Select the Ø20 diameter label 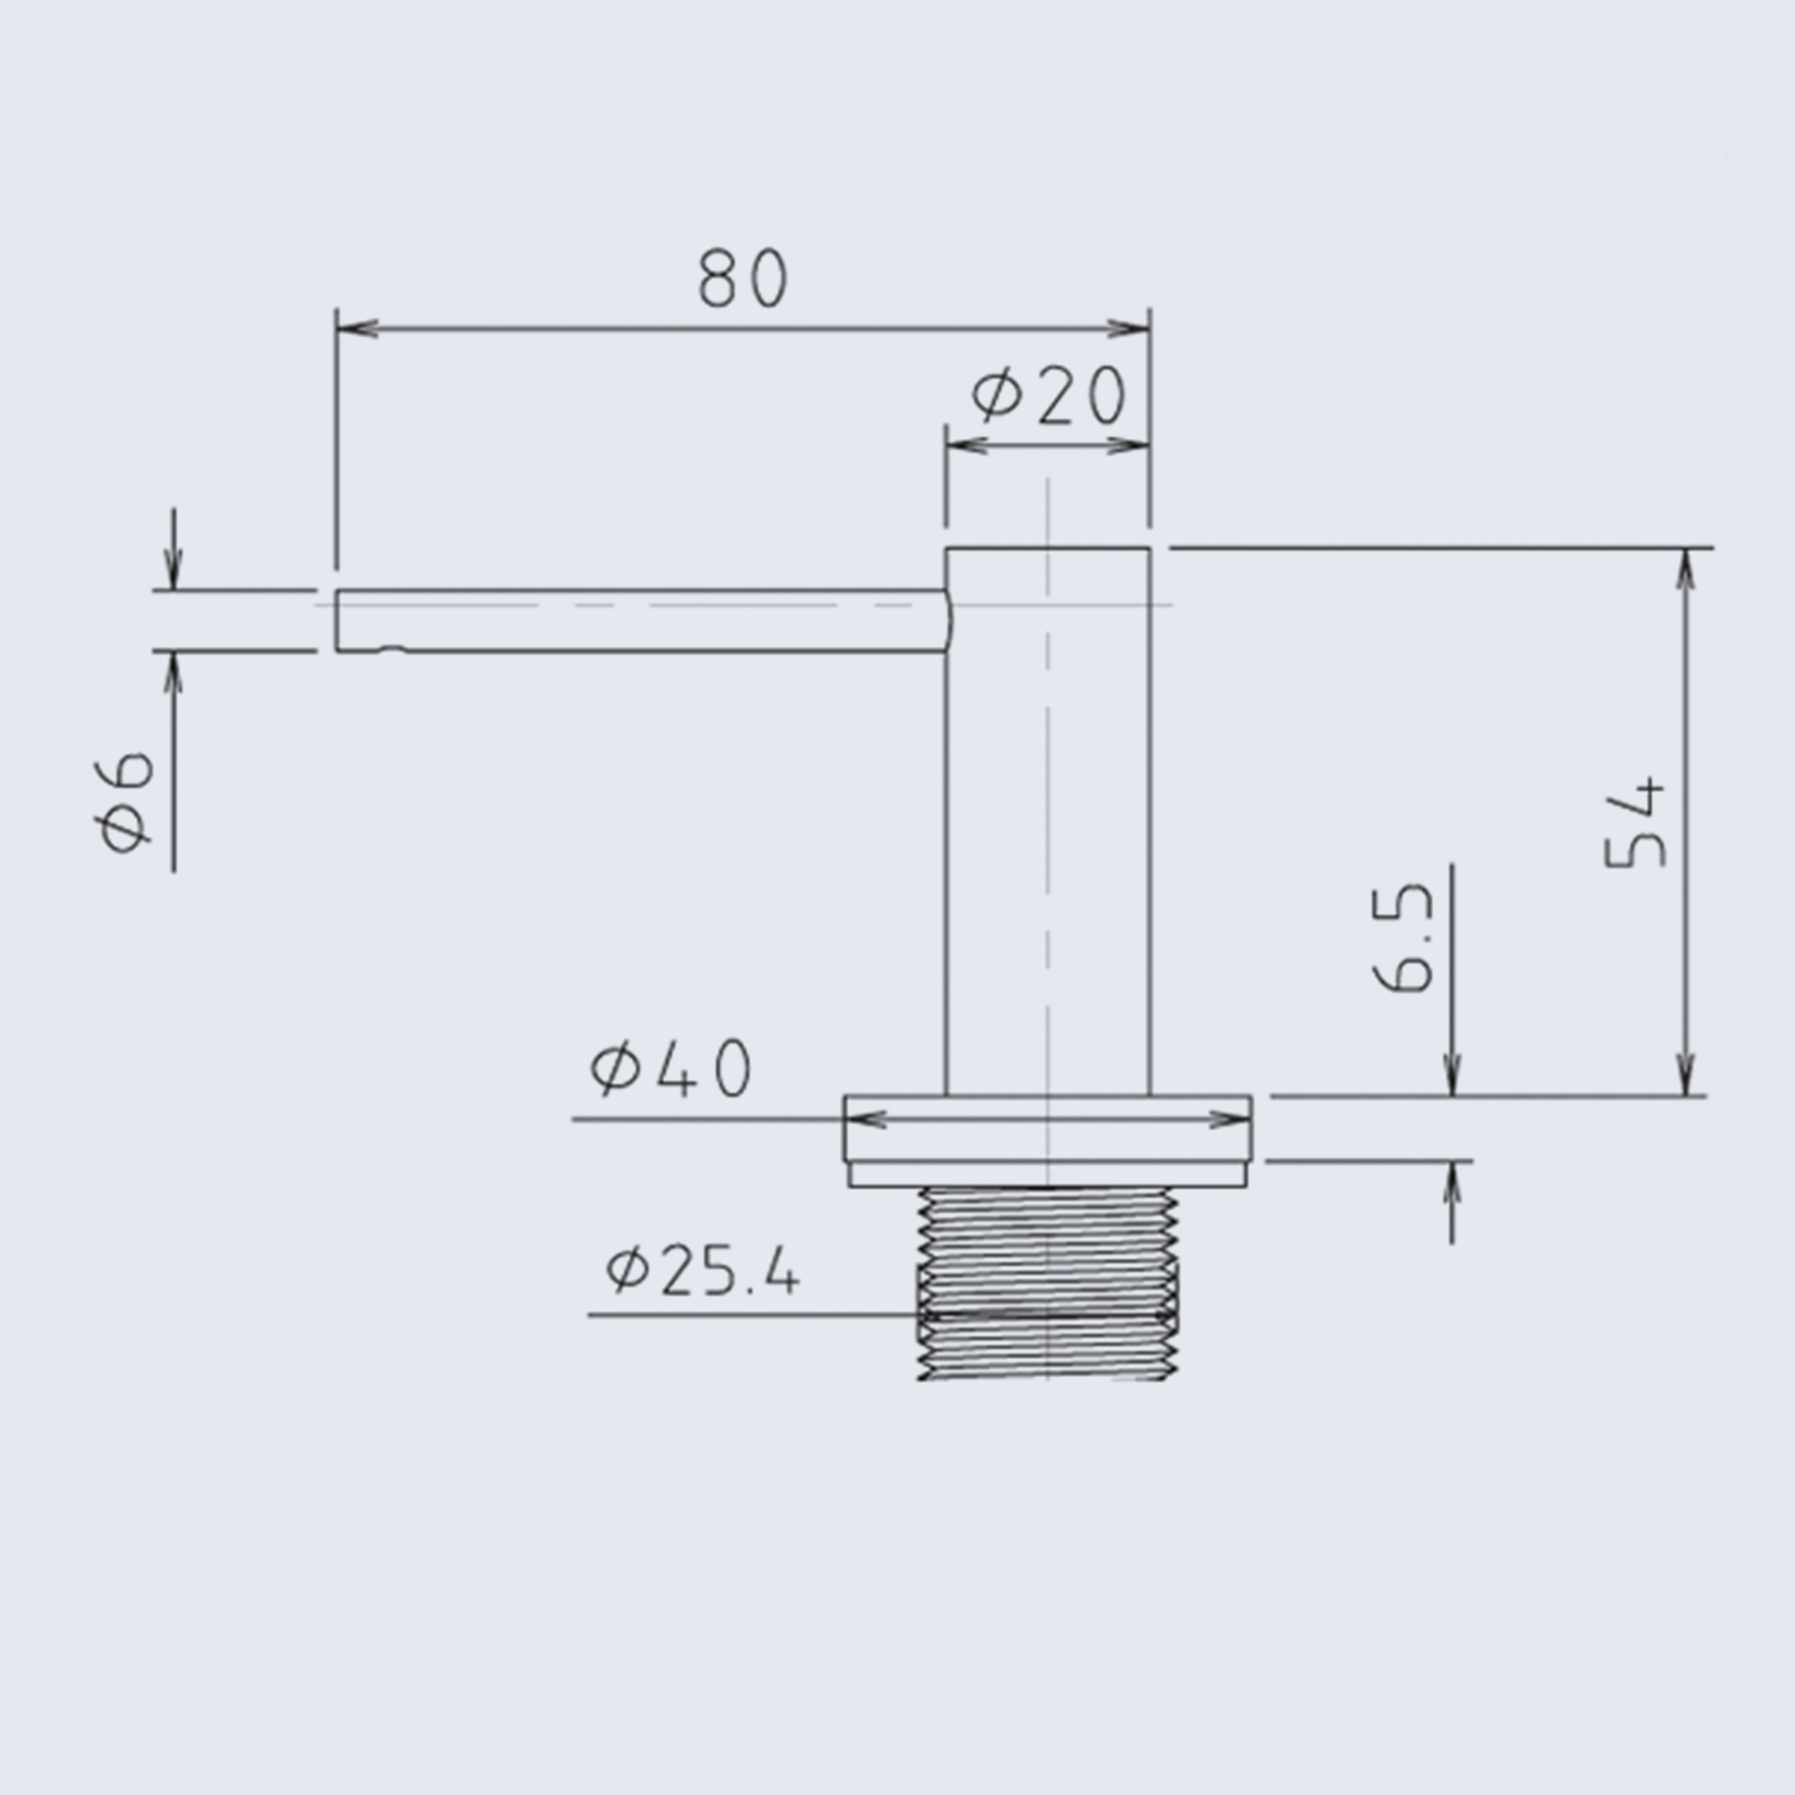click(x=1049, y=395)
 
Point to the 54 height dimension click(x=1635, y=821)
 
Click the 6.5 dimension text click(x=1404, y=938)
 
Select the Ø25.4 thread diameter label click(x=702, y=1272)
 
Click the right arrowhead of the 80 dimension click(x=1128, y=328)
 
